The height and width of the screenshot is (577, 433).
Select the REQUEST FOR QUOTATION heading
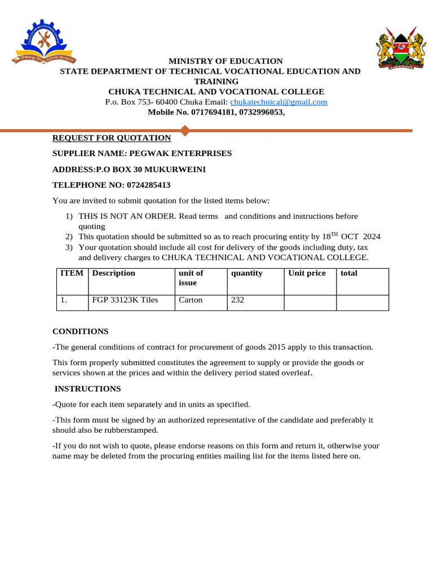pyautogui.click(x=112, y=138)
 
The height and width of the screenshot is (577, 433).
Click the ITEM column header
pyautogui.click(x=72, y=273)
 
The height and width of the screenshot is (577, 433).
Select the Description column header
pyautogui.click(x=113, y=273)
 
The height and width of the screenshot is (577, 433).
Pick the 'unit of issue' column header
pyautogui.click(x=191, y=278)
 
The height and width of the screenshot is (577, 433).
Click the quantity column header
pyautogui.click(x=247, y=273)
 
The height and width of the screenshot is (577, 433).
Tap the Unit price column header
pyautogui.click(x=307, y=273)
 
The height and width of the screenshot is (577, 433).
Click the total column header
pyautogui.click(x=349, y=273)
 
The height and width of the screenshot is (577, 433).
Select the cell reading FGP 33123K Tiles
pyautogui.click(x=125, y=300)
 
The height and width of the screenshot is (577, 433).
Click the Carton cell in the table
pyautogui.click(x=191, y=300)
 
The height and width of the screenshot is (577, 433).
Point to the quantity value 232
pyautogui.click(x=237, y=300)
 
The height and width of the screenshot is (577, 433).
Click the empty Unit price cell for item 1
pyautogui.click(x=310, y=303)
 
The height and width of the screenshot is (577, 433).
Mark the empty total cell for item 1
pyautogui.click(x=363, y=303)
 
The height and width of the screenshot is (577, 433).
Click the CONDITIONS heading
pyautogui.click(x=81, y=331)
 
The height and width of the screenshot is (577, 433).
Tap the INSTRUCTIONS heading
pyautogui.click(x=87, y=389)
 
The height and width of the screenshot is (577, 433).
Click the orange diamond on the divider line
pyautogui.click(x=184, y=131)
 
